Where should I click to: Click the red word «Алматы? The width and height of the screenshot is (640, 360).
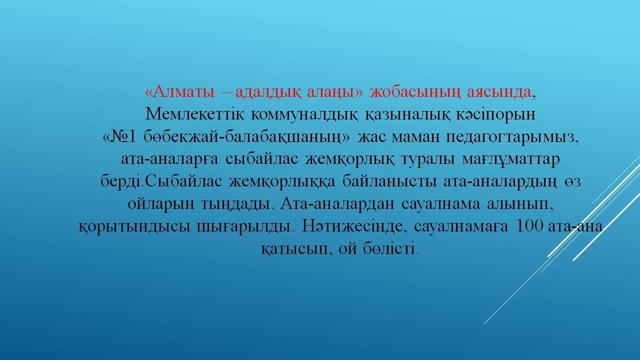point(179,92)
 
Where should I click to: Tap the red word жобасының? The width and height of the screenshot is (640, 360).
point(415,92)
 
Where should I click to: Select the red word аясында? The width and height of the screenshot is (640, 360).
point(499,92)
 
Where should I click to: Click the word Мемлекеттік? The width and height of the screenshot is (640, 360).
point(194,114)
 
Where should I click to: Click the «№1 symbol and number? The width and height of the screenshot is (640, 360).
point(119,137)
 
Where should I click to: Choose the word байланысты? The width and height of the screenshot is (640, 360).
point(389,181)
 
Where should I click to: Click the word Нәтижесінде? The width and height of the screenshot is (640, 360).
point(354,227)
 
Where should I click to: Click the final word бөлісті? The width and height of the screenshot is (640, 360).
point(391,248)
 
